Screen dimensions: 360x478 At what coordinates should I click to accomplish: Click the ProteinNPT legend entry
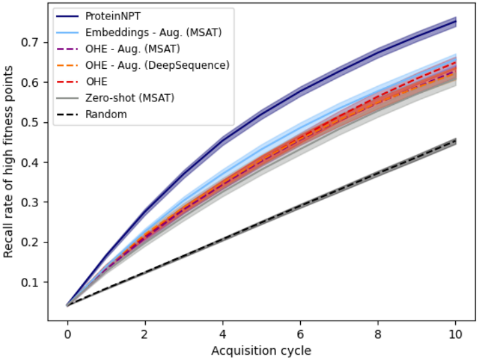point(107,15)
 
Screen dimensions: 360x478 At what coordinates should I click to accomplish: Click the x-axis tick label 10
point(456,333)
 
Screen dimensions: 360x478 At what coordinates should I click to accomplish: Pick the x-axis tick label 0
point(67,333)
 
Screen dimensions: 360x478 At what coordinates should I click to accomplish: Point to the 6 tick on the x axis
point(300,333)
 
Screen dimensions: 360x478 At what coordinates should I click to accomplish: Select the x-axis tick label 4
point(223,333)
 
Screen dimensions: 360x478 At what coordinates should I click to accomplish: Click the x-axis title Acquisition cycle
point(261,349)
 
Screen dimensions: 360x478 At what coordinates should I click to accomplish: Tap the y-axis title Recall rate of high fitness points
point(9,164)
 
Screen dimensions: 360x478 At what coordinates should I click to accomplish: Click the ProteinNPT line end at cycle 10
point(456,22)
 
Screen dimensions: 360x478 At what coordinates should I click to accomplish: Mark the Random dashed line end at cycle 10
point(456,142)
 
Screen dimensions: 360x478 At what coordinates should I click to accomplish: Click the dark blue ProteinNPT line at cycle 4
point(223,140)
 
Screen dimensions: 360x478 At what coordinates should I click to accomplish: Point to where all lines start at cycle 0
point(67,305)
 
